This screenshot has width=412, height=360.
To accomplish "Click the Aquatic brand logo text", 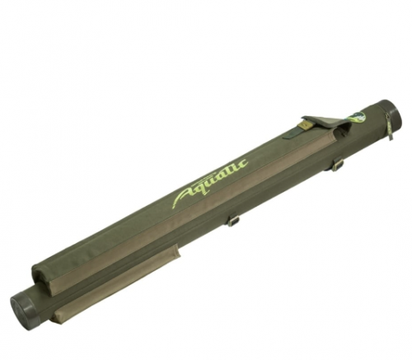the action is pos(210,184).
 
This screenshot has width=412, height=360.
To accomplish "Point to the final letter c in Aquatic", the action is pos(243,163).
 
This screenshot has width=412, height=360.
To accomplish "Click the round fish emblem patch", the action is pos(356,117).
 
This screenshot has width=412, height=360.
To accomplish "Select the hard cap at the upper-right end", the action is pos(391,112).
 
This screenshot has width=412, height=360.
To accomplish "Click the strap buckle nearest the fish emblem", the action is pos(337,165).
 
